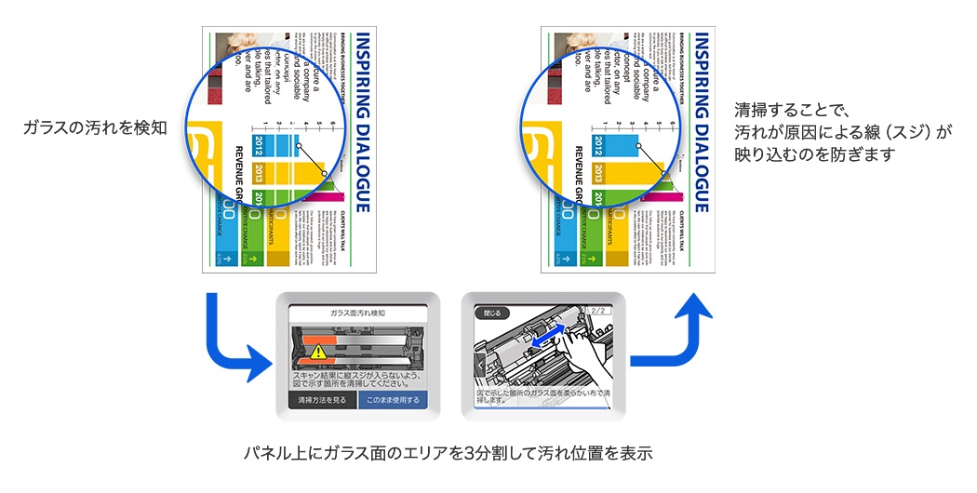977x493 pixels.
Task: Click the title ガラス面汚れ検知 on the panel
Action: [358, 313]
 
